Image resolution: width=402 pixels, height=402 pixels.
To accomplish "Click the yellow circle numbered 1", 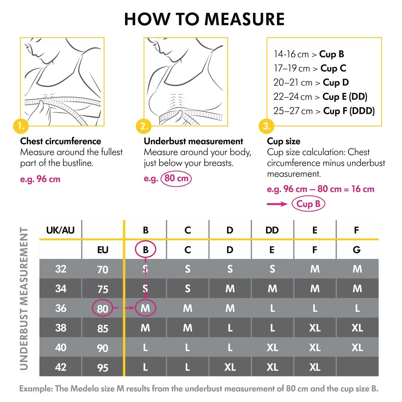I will [21, 126].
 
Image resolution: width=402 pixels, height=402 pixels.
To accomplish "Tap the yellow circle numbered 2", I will [144, 126].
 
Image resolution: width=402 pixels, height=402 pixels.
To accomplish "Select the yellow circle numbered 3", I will [267, 126].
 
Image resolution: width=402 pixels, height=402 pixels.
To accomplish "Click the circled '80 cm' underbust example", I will [176, 178].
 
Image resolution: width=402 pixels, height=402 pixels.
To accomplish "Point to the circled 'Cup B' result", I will [308, 204].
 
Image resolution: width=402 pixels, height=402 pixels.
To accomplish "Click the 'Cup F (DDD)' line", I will [324, 111].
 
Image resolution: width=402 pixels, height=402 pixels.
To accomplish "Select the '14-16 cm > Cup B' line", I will [309, 54].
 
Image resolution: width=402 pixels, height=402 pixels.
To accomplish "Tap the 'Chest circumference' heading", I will [61, 141].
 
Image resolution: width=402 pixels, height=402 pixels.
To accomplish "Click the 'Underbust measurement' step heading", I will [193, 141].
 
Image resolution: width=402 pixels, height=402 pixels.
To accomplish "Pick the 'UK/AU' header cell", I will [60, 230].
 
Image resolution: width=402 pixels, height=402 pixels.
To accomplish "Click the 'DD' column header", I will [272, 230].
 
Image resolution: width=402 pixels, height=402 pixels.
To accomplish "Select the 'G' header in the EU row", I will [357, 250].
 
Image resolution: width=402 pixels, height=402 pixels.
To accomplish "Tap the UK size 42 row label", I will [61, 367].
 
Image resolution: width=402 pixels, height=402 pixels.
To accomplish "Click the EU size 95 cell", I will [103, 367].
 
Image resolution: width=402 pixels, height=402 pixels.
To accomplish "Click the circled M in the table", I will [145, 308].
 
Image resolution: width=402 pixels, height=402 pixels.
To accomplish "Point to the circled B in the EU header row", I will [145, 250].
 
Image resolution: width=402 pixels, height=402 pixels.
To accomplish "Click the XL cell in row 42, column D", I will [230, 367].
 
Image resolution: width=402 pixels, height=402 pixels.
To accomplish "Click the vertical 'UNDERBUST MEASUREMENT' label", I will [24, 298].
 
